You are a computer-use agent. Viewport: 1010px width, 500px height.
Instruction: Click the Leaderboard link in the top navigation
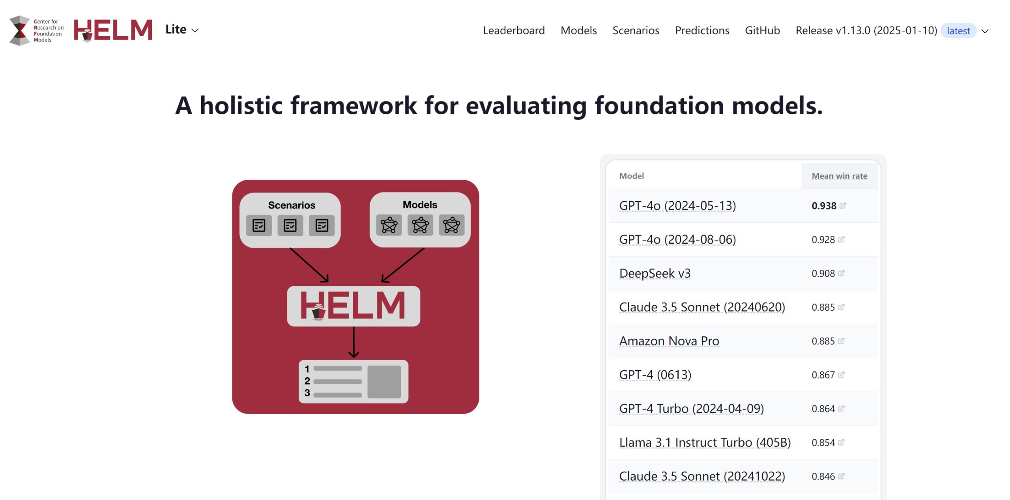513,30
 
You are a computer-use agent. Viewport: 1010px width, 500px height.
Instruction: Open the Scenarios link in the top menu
636,30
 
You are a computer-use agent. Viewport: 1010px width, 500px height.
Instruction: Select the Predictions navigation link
702,30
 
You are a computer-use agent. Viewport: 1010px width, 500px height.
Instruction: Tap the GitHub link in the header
762,30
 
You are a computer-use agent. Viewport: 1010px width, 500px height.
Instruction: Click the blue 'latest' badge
958,31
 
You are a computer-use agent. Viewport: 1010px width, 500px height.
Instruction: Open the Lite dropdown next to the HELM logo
181,30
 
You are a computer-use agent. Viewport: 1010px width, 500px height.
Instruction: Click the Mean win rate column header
839,176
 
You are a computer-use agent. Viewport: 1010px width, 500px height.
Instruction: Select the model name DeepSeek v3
655,273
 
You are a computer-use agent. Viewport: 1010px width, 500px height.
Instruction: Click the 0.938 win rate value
823,206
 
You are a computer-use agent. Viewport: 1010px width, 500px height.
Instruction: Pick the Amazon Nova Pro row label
669,341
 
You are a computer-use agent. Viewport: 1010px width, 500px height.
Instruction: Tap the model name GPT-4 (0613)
655,375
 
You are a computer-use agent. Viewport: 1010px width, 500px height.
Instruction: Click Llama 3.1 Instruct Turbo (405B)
705,442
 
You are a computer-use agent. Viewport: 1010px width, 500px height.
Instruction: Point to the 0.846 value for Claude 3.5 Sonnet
823,476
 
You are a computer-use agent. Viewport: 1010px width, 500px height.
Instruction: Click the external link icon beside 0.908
841,273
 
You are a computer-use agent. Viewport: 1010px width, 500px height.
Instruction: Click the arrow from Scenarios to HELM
309,265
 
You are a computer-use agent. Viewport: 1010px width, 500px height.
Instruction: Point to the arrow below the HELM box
353,342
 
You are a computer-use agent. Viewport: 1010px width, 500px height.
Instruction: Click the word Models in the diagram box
420,205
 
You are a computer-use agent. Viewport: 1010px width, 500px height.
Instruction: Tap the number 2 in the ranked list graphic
307,381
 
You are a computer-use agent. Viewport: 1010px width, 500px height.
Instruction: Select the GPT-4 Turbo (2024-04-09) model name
691,409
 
